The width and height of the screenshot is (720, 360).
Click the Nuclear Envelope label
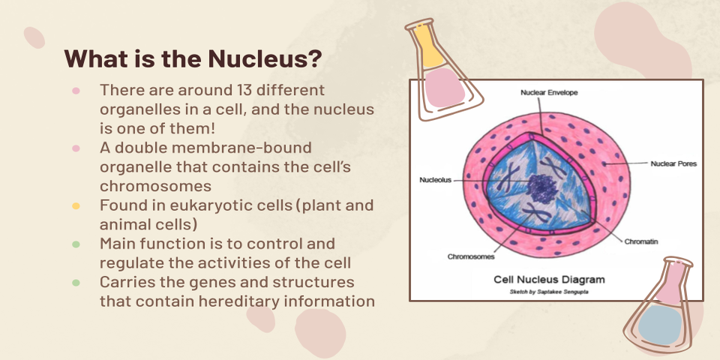[550, 92]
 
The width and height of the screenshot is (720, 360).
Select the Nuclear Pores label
[673, 163]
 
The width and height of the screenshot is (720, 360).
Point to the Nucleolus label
[436, 181]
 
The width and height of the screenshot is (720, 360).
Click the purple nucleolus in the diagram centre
[538, 187]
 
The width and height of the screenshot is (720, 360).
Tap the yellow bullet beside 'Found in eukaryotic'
[76, 205]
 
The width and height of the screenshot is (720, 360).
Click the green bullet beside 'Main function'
[76, 244]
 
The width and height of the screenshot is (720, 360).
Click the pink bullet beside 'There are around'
[76, 90]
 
